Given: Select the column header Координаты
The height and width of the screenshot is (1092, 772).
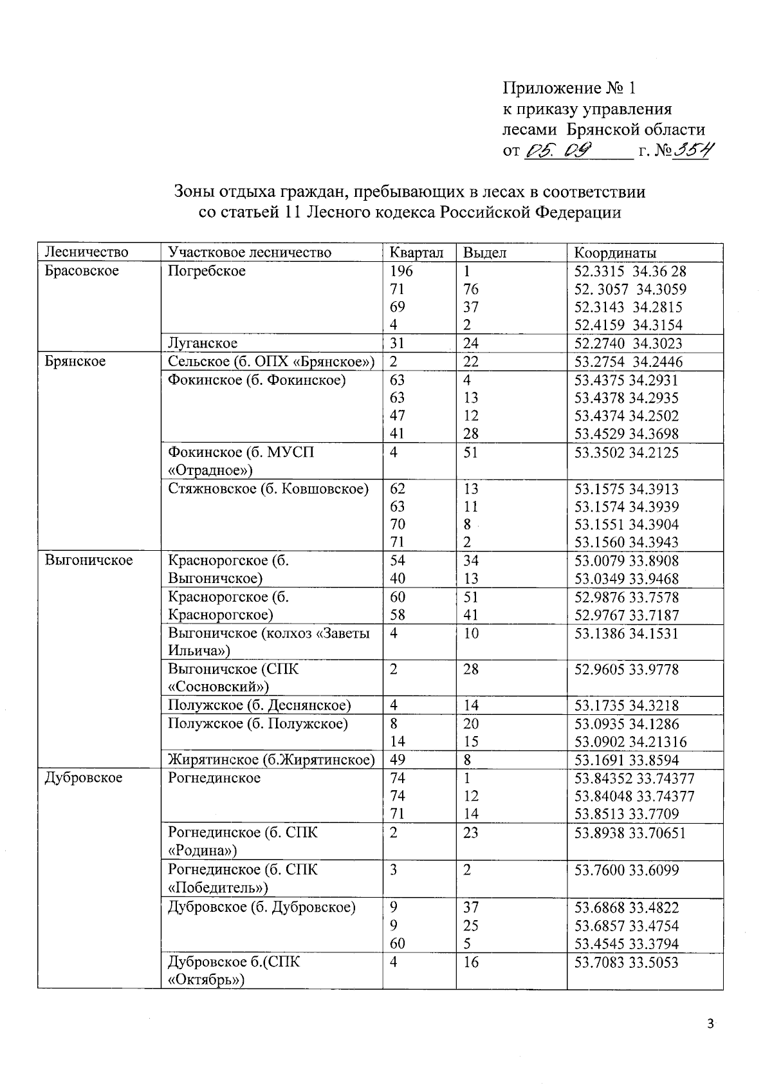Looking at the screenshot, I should pos(614,252).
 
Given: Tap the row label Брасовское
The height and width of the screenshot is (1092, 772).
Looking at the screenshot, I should pos(82,270).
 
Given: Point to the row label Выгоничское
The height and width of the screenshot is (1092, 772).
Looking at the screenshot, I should pos(89,560).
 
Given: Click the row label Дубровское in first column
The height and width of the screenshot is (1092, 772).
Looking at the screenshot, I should pos(84,778).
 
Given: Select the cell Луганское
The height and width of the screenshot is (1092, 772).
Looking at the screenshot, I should pos(203,343).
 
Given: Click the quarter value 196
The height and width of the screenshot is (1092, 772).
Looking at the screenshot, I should pos(401,271).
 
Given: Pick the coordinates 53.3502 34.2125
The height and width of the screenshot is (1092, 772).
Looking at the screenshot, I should pos(626,452).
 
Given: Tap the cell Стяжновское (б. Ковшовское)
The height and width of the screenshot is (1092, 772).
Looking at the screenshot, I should pos(268,488).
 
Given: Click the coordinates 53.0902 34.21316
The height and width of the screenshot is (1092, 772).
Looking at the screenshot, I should pos(630,741).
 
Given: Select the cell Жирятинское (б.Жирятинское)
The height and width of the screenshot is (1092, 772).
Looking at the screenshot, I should pos(271,760).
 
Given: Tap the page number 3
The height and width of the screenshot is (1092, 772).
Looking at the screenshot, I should pos(710,1024).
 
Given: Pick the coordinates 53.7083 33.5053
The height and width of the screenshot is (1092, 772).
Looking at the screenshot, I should pos(626,963).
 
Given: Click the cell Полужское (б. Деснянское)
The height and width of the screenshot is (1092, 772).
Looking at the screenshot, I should pos(259,705).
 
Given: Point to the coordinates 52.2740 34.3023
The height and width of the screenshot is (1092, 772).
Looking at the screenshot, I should pos(628,343).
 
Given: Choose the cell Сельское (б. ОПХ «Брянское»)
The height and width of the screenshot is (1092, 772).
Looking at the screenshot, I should pos(271,362).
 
